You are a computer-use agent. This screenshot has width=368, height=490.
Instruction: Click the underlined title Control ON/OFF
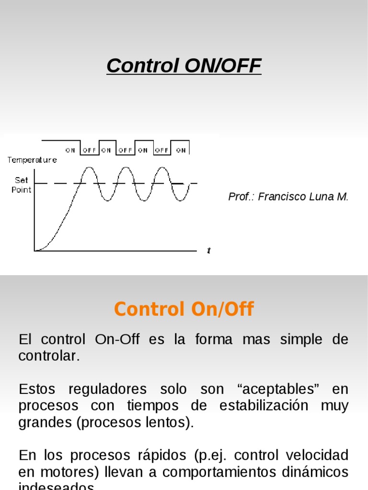(x=184, y=66)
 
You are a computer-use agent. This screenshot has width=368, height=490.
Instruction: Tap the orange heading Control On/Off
(x=184, y=309)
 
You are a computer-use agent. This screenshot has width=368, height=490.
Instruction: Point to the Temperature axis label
(x=32, y=160)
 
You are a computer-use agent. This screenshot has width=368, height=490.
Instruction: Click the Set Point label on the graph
(x=22, y=185)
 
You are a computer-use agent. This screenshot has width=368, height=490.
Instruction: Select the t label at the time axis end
(x=209, y=250)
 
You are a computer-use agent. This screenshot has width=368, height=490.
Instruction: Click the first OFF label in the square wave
(x=89, y=150)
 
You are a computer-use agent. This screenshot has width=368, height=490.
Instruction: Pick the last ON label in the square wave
(x=181, y=150)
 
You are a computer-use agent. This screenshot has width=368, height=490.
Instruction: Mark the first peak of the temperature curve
(x=89, y=167)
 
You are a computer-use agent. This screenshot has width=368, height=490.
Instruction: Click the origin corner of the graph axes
(x=34, y=250)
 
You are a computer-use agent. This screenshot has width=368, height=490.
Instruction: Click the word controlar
(x=48, y=356)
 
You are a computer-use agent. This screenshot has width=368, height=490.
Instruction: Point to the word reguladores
(x=99, y=389)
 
